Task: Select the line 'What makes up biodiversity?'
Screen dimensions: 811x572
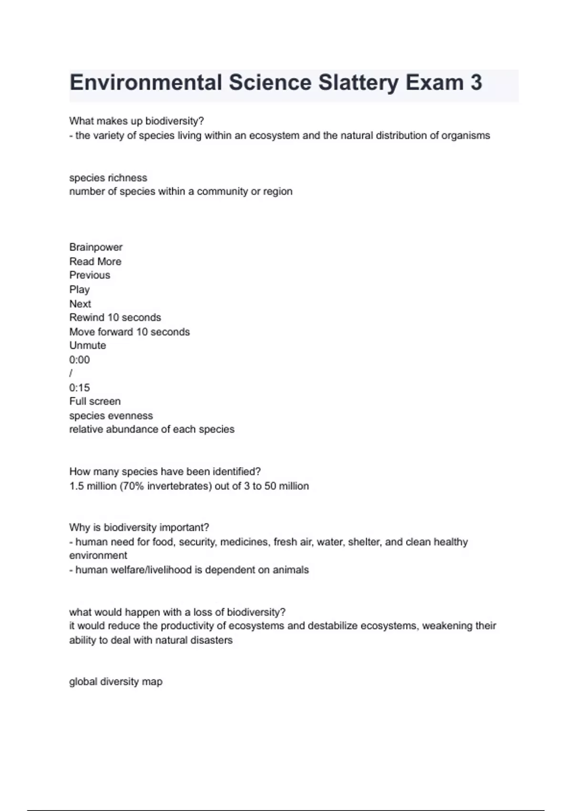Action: [136, 121]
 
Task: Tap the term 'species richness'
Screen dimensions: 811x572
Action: [108, 178]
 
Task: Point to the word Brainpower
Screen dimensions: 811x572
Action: [96, 247]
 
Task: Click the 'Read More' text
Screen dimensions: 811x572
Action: [95, 261]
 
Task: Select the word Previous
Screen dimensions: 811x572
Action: [90, 275]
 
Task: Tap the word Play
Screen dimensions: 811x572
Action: [80, 290]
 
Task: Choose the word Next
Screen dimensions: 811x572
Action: [80, 304]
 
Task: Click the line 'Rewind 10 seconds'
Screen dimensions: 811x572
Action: [115, 318]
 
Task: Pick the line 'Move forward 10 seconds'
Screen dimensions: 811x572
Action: [129, 332]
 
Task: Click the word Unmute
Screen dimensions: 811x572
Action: [88, 345]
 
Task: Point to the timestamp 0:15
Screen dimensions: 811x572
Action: [80, 388]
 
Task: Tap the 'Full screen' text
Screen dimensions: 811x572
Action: [95, 402]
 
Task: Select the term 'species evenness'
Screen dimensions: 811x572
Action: [111, 416]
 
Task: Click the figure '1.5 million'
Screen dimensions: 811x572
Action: [92, 486]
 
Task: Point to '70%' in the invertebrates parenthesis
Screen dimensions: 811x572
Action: [133, 486]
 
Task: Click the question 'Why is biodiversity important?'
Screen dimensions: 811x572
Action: [139, 528]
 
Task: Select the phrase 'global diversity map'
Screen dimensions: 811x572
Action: [116, 682]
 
